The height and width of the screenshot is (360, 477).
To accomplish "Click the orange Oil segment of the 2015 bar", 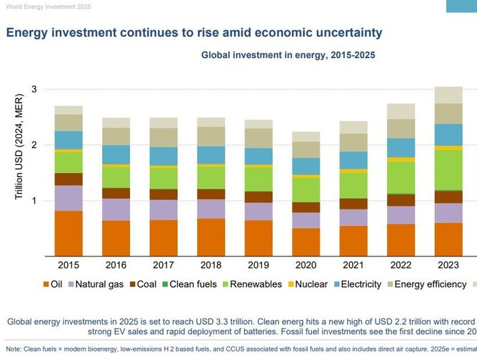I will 69,234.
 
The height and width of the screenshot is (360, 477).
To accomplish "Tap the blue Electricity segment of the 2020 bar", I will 306,166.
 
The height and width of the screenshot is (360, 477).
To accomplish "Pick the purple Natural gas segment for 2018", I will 211,209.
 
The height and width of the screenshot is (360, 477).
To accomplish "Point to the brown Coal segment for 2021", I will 354,204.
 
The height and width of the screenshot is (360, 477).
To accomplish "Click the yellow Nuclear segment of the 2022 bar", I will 401,159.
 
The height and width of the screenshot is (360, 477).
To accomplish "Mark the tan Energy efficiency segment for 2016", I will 116,136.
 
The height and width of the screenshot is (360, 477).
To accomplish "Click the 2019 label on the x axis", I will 258,266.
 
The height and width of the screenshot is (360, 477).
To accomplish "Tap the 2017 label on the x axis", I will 164,266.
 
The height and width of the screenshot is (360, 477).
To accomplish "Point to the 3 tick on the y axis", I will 34,89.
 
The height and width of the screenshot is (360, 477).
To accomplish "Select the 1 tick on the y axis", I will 34,201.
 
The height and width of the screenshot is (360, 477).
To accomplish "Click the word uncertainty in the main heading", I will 340,32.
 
